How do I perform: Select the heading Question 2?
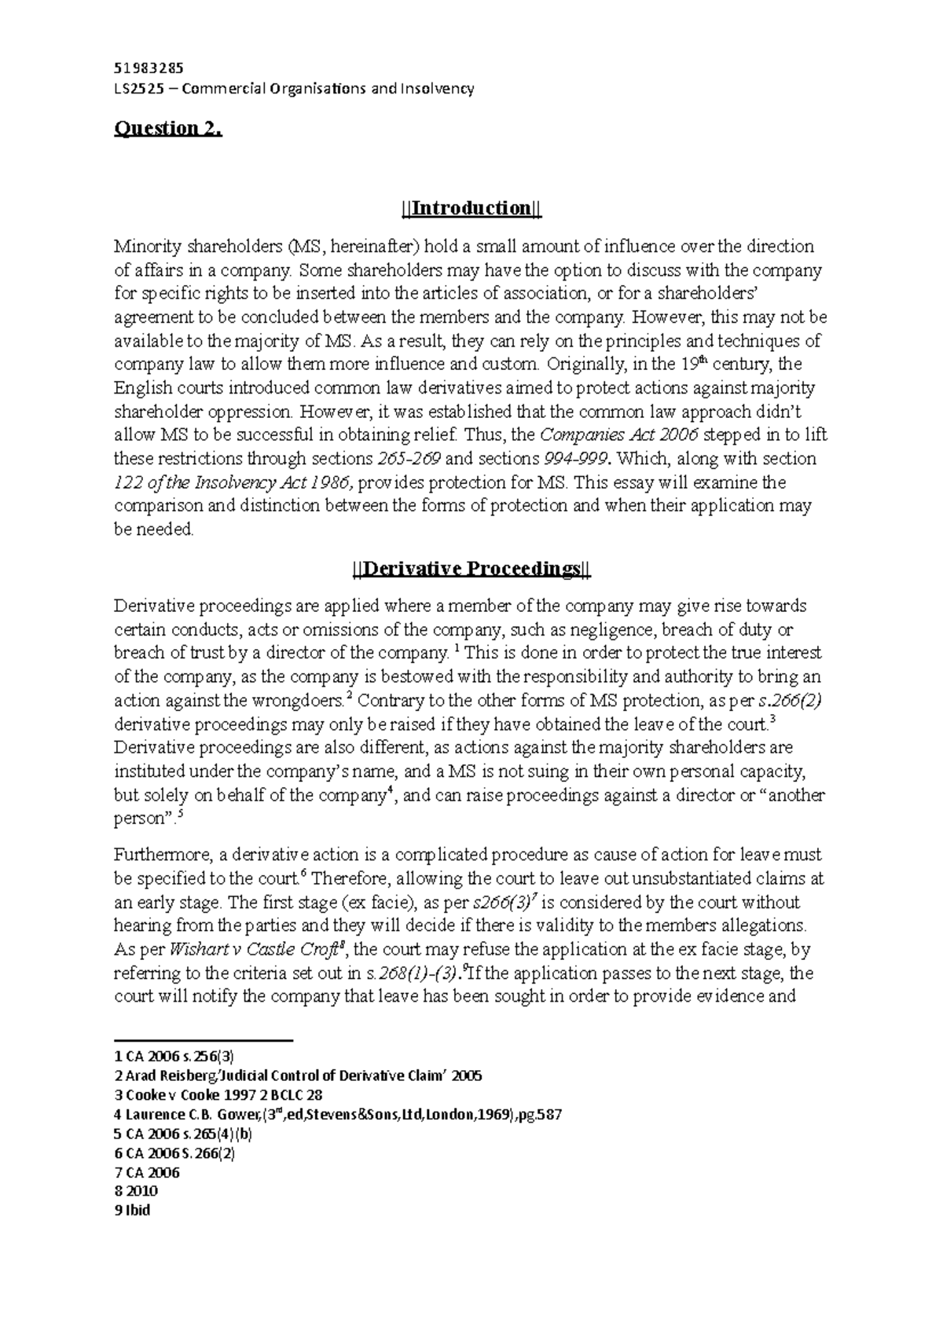169,129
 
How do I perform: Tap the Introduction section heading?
471,209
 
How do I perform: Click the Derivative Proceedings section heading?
471,570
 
